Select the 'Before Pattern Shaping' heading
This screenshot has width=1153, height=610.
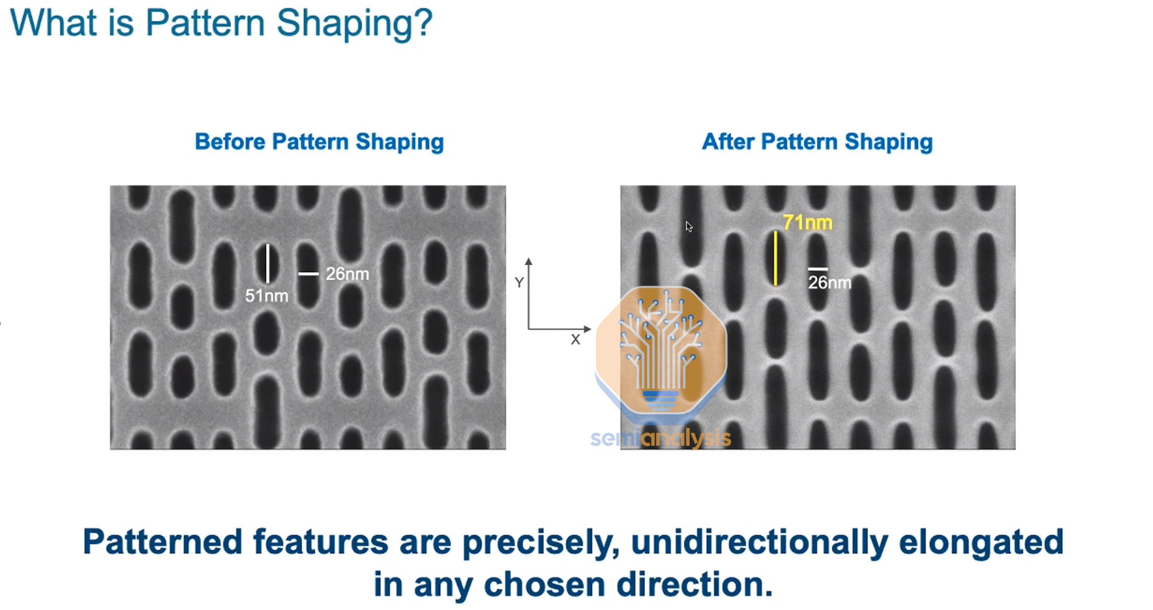click(319, 142)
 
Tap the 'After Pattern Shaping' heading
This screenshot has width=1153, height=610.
click(817, 142)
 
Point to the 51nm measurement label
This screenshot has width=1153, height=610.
click(266, 296)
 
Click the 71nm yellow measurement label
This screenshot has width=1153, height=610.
click(807, 222)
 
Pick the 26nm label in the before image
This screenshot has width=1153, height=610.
click(347, 274)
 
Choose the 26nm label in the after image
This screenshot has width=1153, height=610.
click(830, 282)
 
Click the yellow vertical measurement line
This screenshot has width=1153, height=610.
click(776, 258)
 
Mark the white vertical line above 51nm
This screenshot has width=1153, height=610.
click(268, 264)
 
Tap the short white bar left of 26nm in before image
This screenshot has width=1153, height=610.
click(308, 274)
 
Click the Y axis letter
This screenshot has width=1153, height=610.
click(519, 283)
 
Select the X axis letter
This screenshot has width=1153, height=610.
click(575, 339)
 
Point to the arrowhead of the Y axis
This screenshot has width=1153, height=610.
click(528, 261)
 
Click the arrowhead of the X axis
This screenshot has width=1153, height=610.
click(587, 329)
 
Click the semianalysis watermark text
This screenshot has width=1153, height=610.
click(660, 438)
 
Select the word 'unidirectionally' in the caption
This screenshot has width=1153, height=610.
click(759, 542)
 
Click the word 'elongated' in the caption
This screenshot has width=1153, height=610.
click(981, 542)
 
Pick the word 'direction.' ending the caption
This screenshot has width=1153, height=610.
click(694, 585)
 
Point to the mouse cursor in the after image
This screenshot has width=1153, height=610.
click(688, 226)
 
